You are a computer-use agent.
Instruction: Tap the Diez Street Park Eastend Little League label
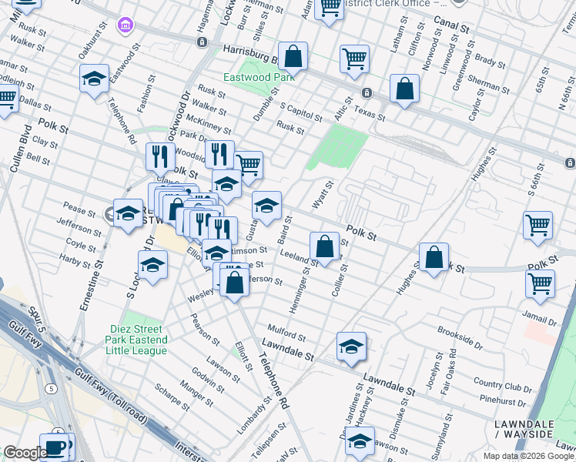pyautogui.click(x=138, y=340)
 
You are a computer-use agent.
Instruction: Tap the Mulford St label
pyautogui.click(x=286, y=336)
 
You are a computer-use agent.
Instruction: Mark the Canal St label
pyautogui.click(x=451, y=22)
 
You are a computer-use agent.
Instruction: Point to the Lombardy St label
pyautogui.click(x=257, y=415)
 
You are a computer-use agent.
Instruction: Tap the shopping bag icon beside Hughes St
pyautogui.click(x=434, y=257)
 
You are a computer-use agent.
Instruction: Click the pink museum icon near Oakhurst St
pyautogui.click(x=123, y=26)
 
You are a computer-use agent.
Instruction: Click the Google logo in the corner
pyautogui.click(x=25, y=453)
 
